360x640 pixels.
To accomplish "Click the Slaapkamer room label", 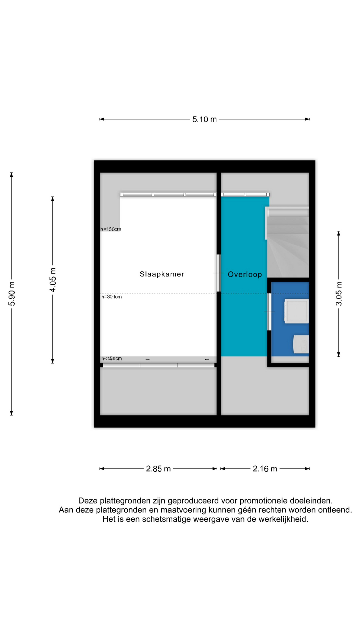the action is [x=162, y=274].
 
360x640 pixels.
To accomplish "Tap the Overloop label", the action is [x=245, y=274].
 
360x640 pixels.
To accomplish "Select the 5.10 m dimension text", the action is [x=204, y=119].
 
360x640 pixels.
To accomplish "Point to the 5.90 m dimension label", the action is [x=12, y=294].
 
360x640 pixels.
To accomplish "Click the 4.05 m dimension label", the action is [x=53, y=280].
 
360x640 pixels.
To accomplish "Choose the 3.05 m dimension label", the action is [x=339, y=294].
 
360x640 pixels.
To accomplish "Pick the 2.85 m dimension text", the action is [x=158, y=469].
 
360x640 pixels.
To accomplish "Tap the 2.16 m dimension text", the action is [x=265, y=469].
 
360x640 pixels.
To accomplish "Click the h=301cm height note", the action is [x=112, y=297].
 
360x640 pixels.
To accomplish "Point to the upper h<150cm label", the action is [x=111, y=229].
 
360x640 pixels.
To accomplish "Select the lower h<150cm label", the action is [x=112, y=359].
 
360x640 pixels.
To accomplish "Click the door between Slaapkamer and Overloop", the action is [x=219, y=273].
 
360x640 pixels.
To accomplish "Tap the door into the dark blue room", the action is [x=269, y=312].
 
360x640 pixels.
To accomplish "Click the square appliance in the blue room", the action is [x=296, y=311].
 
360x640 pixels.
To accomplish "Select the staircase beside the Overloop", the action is [x=288, y=242].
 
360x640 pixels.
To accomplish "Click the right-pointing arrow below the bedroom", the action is [x=148, y=359].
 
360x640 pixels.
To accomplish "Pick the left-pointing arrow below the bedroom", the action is [x=207, y=359].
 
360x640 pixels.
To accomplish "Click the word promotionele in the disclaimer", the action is [x=263, y=501].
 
